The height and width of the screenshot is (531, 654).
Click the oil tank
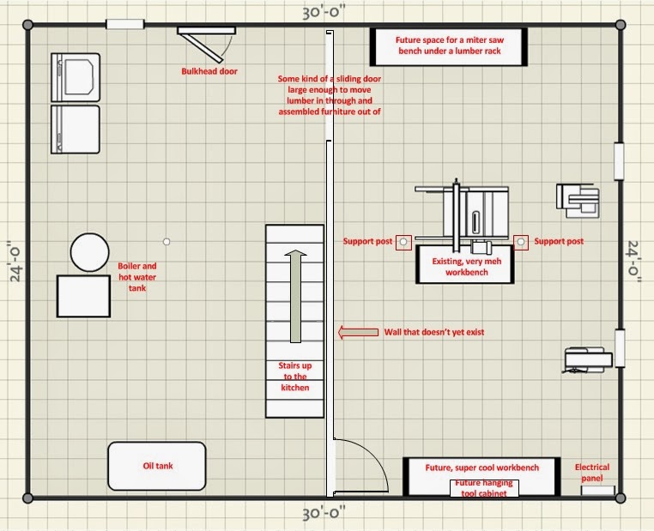click(x=157, y=466)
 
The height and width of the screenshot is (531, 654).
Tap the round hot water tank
click(x=89, y=252)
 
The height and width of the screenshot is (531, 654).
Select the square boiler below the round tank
click(x=83, y=296)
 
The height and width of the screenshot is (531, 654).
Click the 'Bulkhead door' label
click(x=209, y=71)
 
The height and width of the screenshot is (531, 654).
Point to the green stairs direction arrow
click(x=295, y=296)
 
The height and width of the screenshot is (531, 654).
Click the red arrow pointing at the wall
click(x=358, y=332)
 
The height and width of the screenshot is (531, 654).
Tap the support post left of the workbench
click(x=403, y=242)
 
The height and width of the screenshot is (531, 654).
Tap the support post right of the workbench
click(x=520, y=242)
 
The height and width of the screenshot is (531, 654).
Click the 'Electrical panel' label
click(x=592, y=473)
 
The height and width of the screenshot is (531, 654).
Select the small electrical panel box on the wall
click(x=598, y=490)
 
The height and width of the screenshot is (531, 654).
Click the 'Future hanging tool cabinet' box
click(x=484, y=488)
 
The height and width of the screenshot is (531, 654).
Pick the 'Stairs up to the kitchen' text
click(x=295, y=377)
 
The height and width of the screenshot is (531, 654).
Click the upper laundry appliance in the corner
click(x=76, y=77)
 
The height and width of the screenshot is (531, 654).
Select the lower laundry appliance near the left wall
click(x=76, y=130)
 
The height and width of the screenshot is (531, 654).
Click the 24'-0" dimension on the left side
click(x=15, y=262)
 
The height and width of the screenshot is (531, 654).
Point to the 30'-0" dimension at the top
click(x=324, y=13)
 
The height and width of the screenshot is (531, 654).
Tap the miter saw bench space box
click(x=449, y=46)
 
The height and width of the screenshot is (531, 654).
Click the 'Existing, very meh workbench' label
click(x=466, y=267)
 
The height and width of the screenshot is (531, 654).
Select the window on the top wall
click(x=125, y=24)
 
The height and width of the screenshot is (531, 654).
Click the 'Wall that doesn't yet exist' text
click(x=434, y=332)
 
